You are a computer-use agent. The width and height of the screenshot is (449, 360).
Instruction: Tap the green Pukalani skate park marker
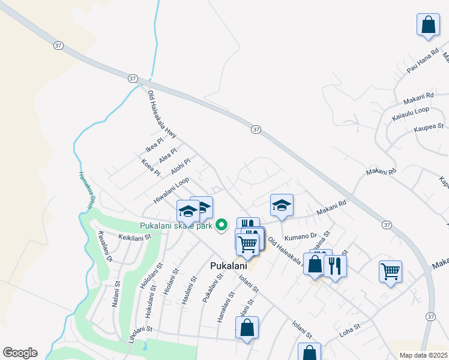[x=221, y=226]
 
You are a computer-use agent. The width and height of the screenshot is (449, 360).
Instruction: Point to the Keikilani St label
[x=135, y=238]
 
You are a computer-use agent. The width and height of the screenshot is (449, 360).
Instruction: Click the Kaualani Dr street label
[x=104, y=247]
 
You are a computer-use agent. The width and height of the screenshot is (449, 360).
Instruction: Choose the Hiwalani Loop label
[x=171, y=189]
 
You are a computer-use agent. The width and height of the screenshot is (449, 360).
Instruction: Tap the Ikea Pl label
[x=154, y=145]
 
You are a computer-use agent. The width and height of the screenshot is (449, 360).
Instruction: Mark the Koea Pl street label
[x=151, y=167]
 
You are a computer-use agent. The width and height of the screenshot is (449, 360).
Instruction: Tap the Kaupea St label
[x=428, y=127]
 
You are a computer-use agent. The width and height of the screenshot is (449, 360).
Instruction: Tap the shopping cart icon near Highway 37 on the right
[x=390, y=272]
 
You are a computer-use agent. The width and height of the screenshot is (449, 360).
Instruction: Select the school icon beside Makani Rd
[x=282, y=205]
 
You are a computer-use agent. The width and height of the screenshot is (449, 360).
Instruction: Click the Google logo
[x=20, y=353]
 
